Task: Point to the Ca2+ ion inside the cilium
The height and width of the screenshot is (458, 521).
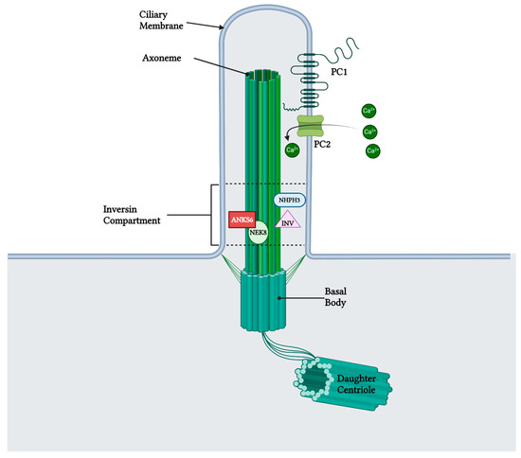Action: click(293, 148)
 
